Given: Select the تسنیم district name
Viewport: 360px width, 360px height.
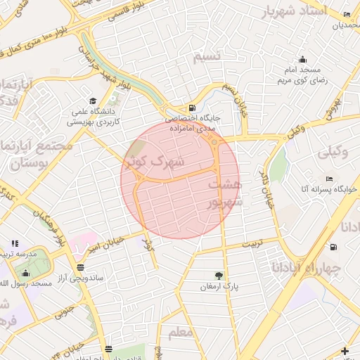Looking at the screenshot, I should pos(207,56).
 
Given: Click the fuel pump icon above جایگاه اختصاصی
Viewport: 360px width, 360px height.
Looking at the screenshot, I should pos(192,108).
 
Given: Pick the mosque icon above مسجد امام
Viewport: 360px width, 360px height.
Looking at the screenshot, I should pos(302,59).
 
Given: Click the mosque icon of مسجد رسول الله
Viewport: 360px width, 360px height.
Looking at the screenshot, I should pos(26,274).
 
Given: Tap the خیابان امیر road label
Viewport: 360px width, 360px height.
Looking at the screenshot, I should pos(105,243).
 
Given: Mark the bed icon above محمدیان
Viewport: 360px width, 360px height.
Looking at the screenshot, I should pos(346,15).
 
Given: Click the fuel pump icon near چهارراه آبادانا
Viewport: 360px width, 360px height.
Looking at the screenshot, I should pos(332,246).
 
